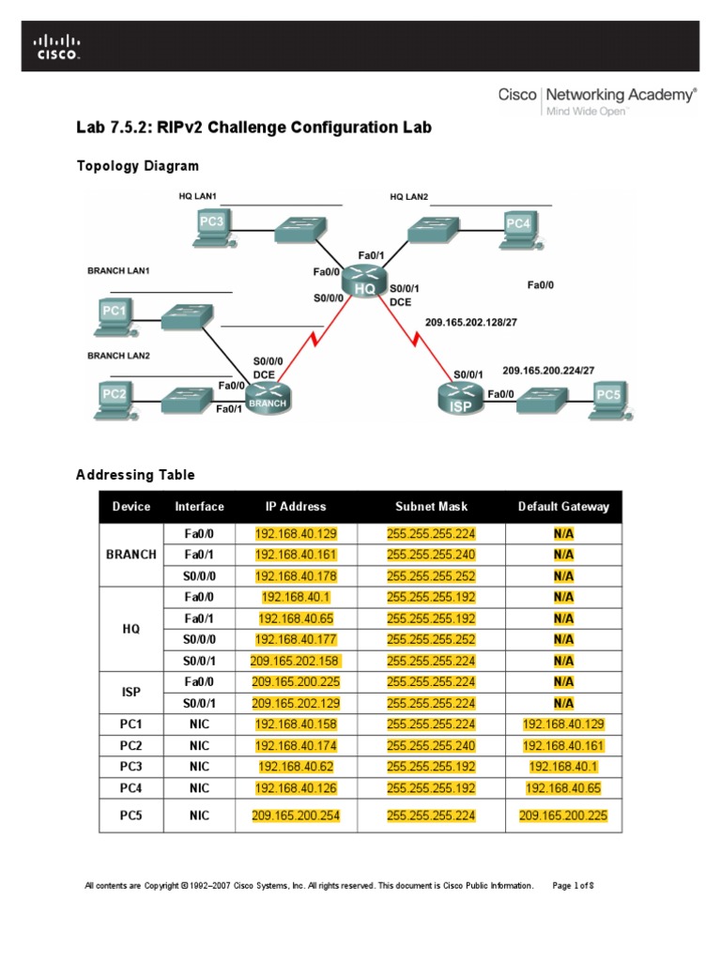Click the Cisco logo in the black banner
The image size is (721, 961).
tap(57, 47)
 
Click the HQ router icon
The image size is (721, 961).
tap(364, 282)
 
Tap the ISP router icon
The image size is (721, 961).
tap(460, 399)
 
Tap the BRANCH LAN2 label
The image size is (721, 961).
tap(118, 356)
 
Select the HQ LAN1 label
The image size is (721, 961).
tap(197, 196)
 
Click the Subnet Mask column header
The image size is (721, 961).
tap(431, 507)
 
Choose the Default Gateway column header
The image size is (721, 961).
tap(563, 507)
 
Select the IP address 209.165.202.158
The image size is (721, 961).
tap(296, 660)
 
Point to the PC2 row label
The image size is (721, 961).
tap(131, 745)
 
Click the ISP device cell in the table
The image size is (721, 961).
tap(131, 692)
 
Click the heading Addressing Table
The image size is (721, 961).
tap(135, 475)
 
